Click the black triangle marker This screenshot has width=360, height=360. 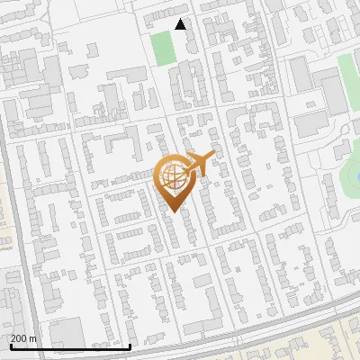coord(181,24)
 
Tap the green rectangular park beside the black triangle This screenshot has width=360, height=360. coord(163,48)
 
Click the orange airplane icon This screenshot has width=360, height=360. coord(200,164)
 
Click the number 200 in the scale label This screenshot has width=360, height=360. coord(21,339)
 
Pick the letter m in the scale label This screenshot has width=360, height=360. coord(34,339)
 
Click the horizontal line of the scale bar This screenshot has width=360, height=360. coord(70,346)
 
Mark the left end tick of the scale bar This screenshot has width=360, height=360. coord(11,345)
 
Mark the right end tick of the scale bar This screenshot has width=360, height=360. coord(130,345)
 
